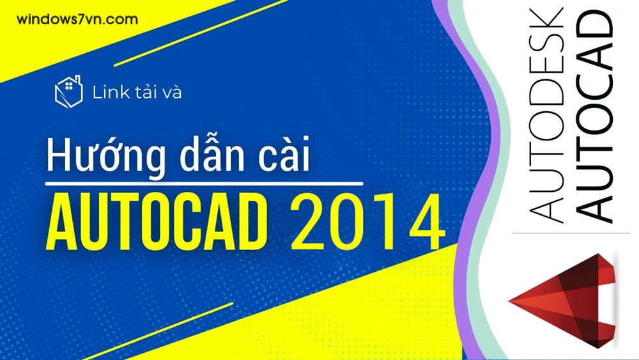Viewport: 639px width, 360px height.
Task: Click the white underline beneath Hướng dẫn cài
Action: point(204,184)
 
